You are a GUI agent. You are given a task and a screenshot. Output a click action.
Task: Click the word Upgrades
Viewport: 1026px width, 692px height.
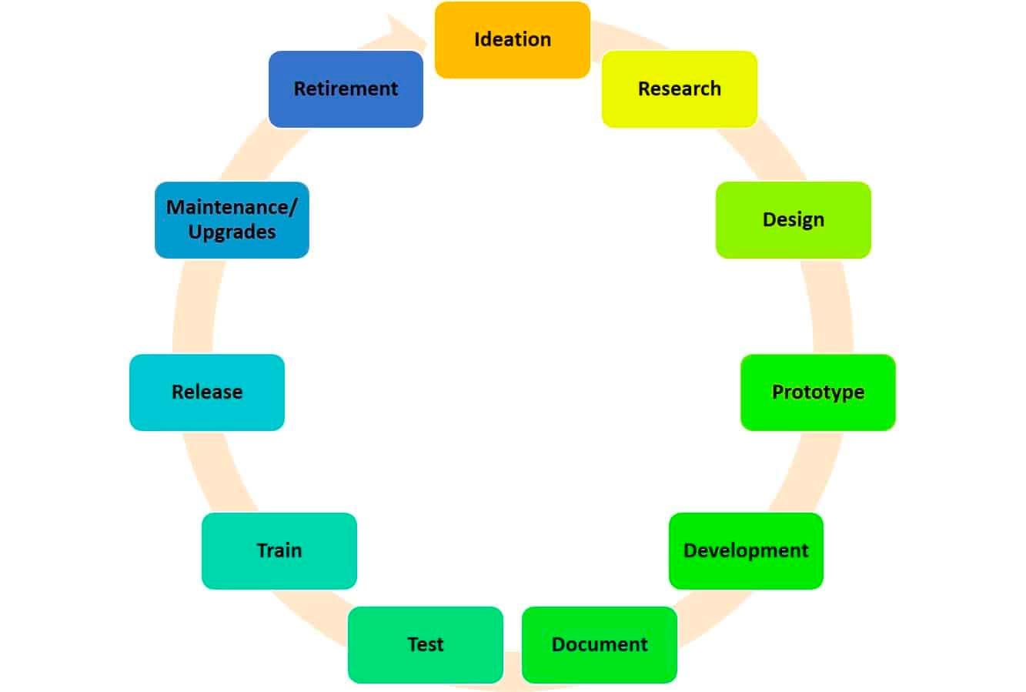pos(232,232)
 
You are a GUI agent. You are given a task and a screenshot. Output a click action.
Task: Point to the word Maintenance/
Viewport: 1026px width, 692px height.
pos(232,207)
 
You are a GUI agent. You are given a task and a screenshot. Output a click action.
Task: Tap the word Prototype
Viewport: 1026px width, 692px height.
pos(817,392)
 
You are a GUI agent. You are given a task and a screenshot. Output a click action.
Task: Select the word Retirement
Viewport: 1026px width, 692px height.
pos(346,89)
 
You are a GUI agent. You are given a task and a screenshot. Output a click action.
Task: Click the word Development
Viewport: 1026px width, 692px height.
pos(746,550)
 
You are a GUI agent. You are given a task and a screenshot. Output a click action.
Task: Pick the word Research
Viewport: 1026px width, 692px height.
pos(679,89)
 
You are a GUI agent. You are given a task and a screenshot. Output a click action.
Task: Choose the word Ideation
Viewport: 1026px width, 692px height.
pos(512,39)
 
